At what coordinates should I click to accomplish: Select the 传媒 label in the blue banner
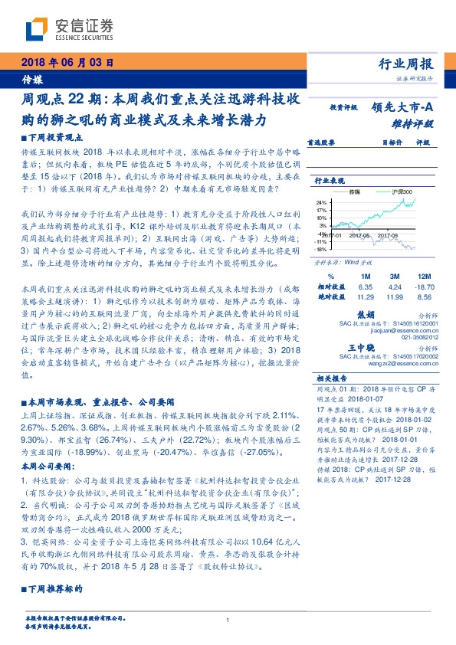coord(31,79)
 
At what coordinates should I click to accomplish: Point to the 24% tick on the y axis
coord(321,203)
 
